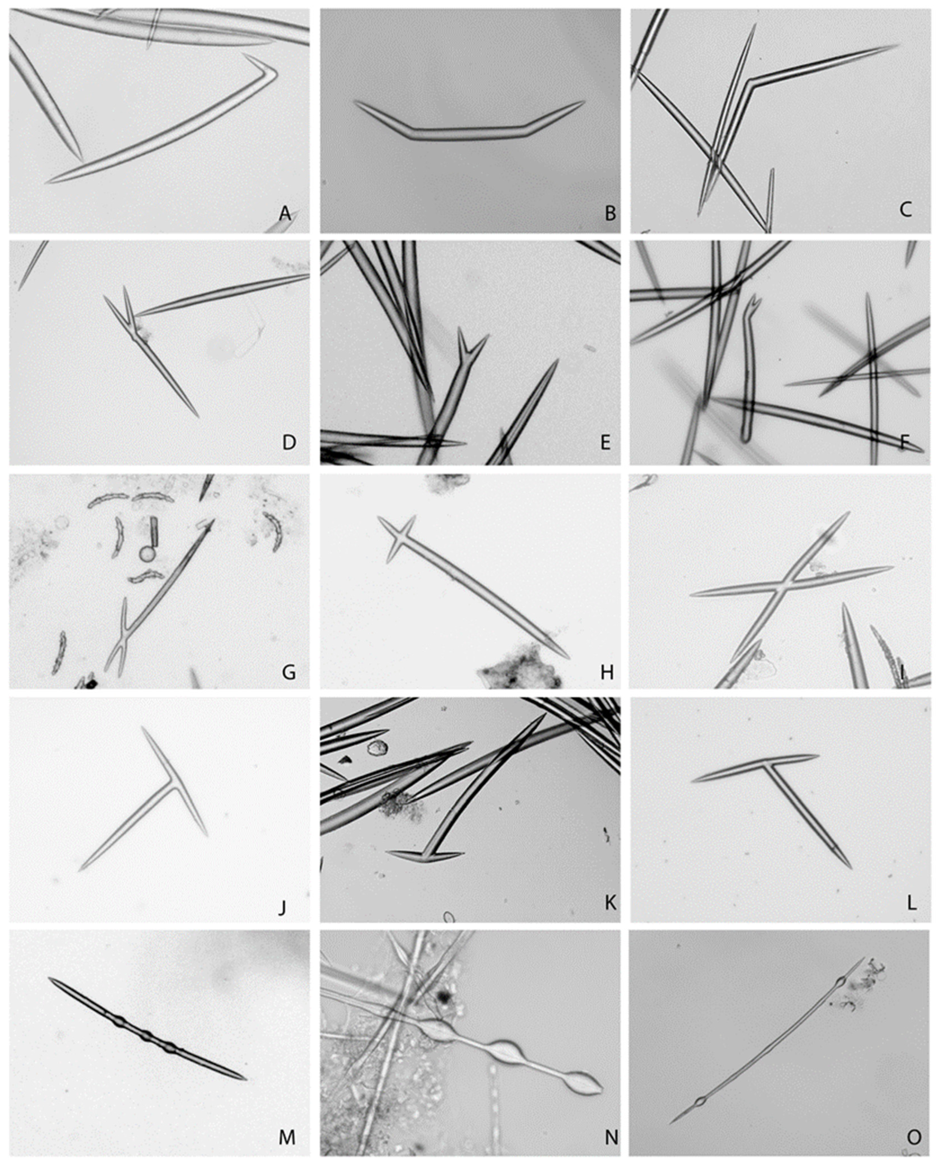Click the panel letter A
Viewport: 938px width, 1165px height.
(285, 214)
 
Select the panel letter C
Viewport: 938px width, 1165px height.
(905, 209)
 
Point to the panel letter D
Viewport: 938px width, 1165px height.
(289, 442)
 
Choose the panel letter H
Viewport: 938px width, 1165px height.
(607, 672)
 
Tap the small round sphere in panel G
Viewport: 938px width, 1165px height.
(147, 554)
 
